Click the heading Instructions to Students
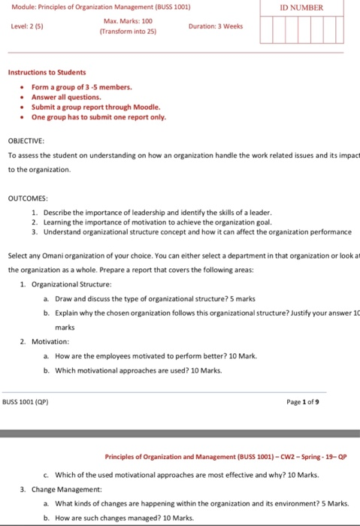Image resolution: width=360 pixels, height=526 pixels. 47,72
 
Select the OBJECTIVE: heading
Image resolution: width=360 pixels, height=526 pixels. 26,141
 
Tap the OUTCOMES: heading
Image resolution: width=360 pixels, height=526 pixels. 28,198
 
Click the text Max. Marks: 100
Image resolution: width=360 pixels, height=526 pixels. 126,21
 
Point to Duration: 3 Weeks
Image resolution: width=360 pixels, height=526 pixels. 216,26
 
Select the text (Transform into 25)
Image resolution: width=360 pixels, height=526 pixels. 126,33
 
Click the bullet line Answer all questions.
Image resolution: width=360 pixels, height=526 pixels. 66,97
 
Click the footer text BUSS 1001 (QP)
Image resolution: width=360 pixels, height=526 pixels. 27,402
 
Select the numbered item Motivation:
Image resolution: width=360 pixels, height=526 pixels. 50,340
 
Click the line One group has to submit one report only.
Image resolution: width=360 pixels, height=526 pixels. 98,117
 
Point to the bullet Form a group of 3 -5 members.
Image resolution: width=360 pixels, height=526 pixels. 81,87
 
